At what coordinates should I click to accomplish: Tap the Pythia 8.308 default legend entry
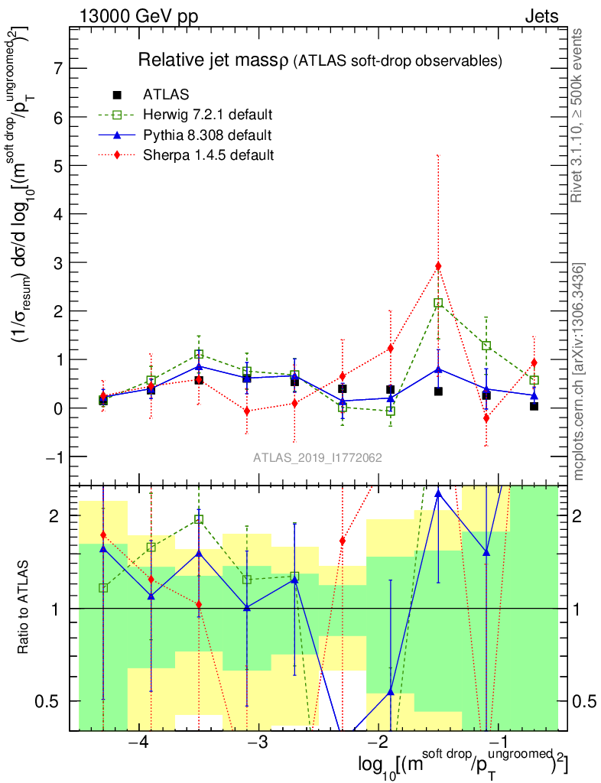tap(207, 135)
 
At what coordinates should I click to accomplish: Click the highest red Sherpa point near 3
tap(438, 266)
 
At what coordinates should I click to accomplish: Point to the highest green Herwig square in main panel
tap(438, 303)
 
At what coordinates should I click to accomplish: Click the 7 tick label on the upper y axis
tap(56, 68)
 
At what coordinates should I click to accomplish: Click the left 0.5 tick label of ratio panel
tap(53, 701)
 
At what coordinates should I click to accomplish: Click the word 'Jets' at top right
tap(541, 17)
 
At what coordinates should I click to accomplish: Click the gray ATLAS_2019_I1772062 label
tap(318, 458)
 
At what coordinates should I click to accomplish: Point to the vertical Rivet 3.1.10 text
tap(578, 115)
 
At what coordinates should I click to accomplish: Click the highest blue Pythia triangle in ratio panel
tap(438, 493)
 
